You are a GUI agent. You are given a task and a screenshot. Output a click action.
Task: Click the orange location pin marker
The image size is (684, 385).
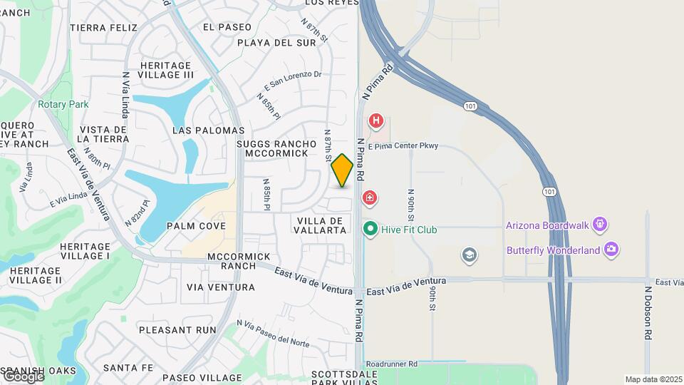[x=343, y=170]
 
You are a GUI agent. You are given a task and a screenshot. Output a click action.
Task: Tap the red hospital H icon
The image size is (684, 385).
[x=376, y=121]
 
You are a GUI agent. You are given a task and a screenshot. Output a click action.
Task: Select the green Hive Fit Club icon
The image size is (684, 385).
[x=370, y=230]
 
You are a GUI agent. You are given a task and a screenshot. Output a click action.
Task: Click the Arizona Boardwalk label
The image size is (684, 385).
[x=547, y=225]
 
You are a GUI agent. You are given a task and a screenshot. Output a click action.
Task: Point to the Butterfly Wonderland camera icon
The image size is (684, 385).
[x=610, y=250]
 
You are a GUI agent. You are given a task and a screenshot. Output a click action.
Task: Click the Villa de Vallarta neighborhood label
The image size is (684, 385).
[x=320, y=225]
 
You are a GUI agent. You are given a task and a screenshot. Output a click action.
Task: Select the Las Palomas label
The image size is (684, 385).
[x=209, y=130]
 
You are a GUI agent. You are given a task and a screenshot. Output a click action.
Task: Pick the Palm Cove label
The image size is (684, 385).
[x=196, y=226]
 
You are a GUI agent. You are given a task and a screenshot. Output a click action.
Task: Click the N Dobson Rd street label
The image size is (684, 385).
[x=648, y=313]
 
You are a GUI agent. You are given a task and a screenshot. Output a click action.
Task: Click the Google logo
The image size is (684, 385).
[x=23, y=376]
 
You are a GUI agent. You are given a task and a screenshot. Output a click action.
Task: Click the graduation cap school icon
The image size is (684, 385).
[x=469, y=255]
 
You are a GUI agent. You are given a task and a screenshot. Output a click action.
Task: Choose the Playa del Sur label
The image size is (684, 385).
[x=276, y=43]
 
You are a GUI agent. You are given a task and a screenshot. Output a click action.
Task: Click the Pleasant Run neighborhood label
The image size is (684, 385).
[x=177, y=330]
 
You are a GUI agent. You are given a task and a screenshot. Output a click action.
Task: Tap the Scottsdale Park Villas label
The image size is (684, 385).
[x=343, y=378]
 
